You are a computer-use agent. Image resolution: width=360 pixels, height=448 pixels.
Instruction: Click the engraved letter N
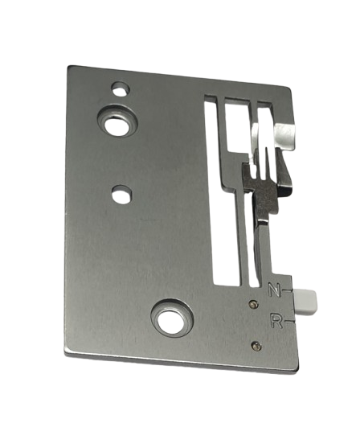click(x=274, y=290)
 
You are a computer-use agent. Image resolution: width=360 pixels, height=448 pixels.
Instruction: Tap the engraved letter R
click(x=276, y=322)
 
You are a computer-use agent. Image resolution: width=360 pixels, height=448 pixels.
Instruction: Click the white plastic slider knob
click(x=306, y=300)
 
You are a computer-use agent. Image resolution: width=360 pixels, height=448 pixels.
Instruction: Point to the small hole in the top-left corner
click(x=121, y=88)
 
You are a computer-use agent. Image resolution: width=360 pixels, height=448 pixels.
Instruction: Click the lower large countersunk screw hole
click(x=173, y=319)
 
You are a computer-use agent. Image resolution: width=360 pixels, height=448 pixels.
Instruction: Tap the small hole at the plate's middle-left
click(x=122, y=194)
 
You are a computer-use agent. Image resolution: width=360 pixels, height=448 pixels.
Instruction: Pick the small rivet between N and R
click(x=253, y=304)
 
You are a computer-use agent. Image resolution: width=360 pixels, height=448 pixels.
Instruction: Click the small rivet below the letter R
click(x=257, y=345)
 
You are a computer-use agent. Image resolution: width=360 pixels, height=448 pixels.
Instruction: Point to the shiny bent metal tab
click(x=285, y=134)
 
